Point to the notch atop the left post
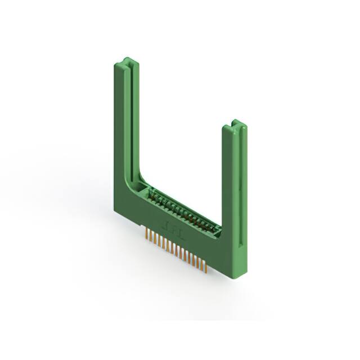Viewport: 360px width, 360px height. pos(128,61)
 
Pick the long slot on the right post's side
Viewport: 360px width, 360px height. pos(242,186)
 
